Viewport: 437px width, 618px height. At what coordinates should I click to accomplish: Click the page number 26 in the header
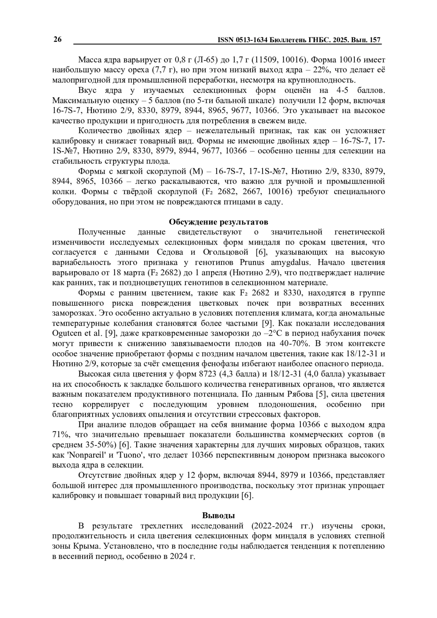tap(58, 40)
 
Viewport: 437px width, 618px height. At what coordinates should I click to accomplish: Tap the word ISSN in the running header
tap(226, 40)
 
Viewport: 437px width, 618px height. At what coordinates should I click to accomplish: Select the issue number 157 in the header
tap(375, 40)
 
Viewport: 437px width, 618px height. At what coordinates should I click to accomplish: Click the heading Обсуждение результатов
tap(219, 222)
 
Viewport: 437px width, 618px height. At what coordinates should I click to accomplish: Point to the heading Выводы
tap(219, 515)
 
